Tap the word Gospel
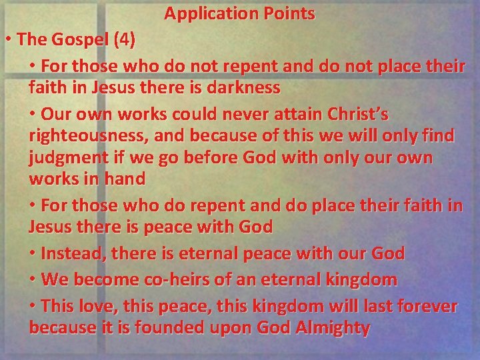point(77,39)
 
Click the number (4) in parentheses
point(125,39)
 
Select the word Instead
point(71,253)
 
